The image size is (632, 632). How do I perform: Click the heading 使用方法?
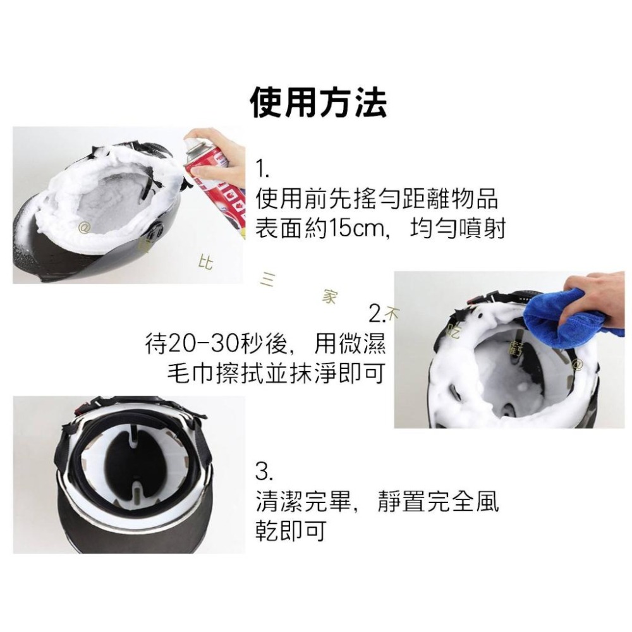[319, 102]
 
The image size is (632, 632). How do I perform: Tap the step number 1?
[262, 169]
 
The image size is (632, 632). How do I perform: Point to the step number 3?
[264, 471]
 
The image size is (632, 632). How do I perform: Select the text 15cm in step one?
[356, 229]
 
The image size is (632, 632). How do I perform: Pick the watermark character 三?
[266, 279]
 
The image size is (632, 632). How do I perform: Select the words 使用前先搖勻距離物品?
[377, 199]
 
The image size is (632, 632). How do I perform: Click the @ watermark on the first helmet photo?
[83, 224]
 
